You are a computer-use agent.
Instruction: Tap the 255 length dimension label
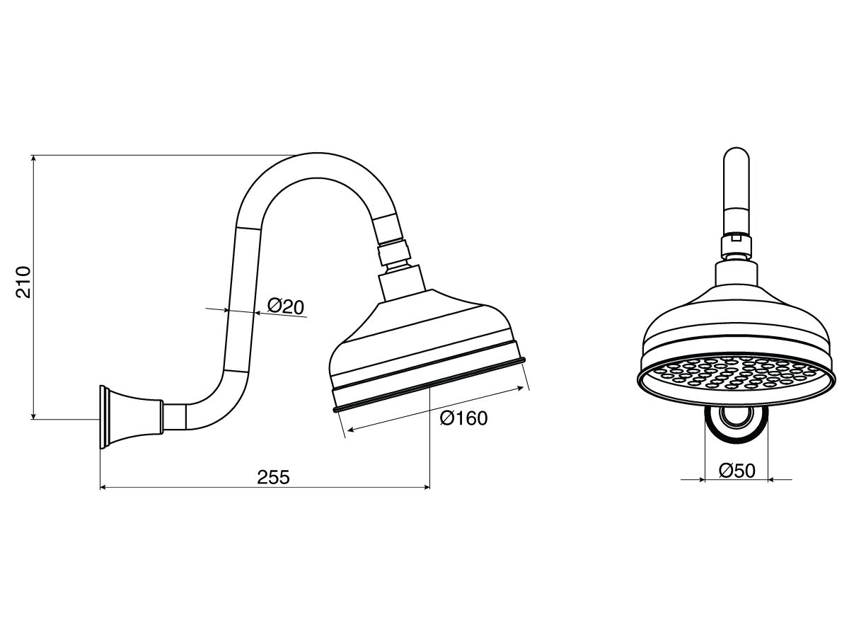pyautogui.click(x=274, y=477)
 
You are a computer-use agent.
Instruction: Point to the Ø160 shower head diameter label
pyautogui.click(x=464, y=418)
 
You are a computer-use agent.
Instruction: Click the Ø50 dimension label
pyautogui.click(x=737, y=471)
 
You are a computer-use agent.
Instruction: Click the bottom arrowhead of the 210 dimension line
pyautogui.click(x=34, y=414)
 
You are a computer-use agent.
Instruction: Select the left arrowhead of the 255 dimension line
pyautogui.click(x=105, y=488)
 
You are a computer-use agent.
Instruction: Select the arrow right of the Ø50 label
pyautogui.click(x=773, y=480)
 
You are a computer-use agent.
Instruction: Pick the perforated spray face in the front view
pyautogui.click(x=735, y=374)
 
